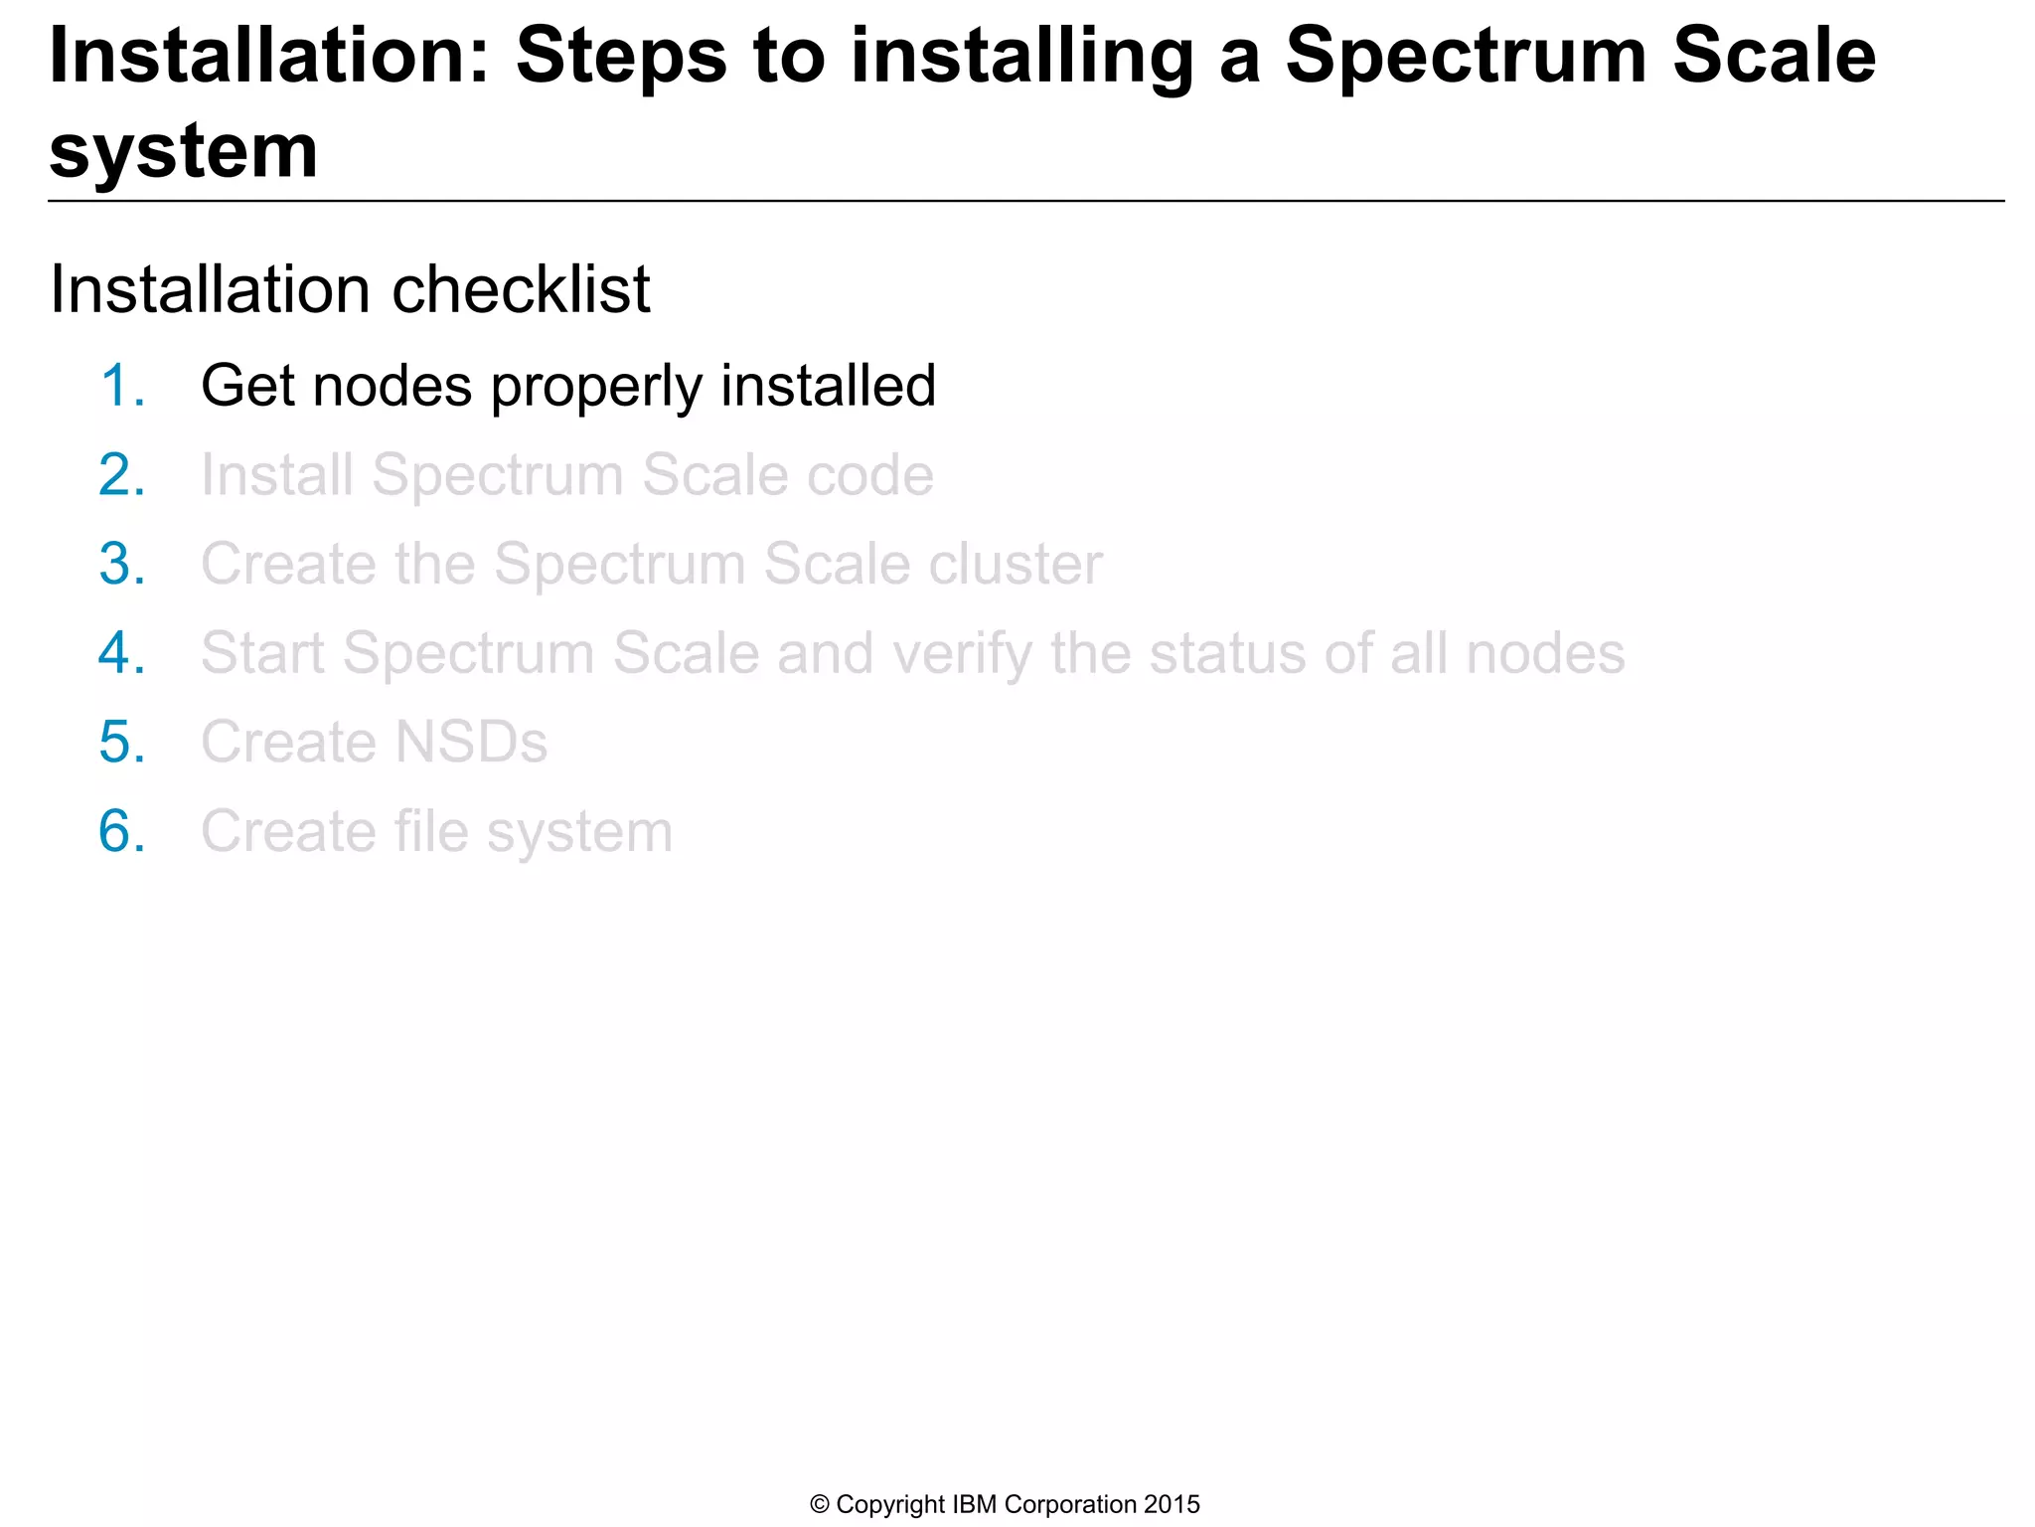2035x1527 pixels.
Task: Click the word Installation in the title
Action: click(268, 56)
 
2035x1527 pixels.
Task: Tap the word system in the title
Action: click(184, 152)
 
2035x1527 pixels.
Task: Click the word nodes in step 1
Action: click(392, 386)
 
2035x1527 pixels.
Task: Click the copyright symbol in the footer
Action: click(820, 1505)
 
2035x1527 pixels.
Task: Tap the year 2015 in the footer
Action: click(1172, 1505)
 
